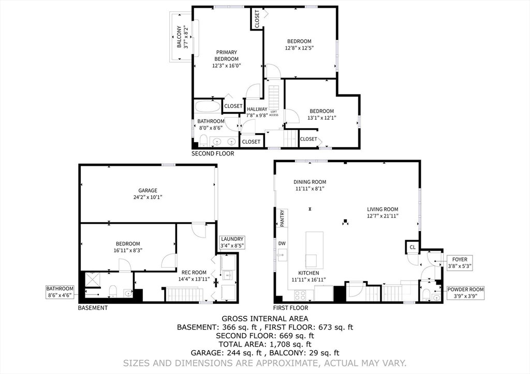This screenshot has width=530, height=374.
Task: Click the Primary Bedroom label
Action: pyautogui.click(x=227, y=56)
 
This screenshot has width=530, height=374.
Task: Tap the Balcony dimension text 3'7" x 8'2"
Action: pyautogui.click(x=185, y=37)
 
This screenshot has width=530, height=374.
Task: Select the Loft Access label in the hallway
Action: pyautogui.click(x=274, y=113)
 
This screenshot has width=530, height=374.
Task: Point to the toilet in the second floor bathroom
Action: pyautogui.click(x=203, y=141)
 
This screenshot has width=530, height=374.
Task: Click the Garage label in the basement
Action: pyautogui.click(x=148, y=191)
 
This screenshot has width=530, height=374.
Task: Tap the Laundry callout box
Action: pyautogui.click(x=232, y=242)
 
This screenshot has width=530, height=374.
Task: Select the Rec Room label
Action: pyautogui.click(x=194, y=272)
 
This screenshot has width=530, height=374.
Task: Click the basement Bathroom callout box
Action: pyautogui.click(x=60, y=292)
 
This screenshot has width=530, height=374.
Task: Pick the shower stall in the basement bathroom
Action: pyautogui.click(x=92, y=280)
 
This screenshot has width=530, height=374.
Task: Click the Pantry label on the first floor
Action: pyautogui.click(x=282, y=218)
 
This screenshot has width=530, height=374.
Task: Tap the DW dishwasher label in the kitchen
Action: pyautogui.click(x=282, y=243)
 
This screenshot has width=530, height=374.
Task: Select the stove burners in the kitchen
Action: pyautogui.click(x=300, y=295)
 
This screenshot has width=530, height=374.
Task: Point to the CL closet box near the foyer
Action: pyautogui.click(x=413, y=247)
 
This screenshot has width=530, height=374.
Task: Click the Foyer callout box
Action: pyautogui.click(x=460, y=263)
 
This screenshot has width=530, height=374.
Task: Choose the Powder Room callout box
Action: pyautogui.click(x=465, y=293)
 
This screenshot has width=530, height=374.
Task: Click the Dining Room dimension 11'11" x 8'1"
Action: pyautogui.click(x=310, y=189)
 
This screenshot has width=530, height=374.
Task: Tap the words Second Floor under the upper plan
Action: pyautogui.click(x=213, y=154)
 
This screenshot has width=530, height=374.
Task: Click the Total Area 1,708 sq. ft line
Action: pyautogui.click(x=265, y=345)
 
